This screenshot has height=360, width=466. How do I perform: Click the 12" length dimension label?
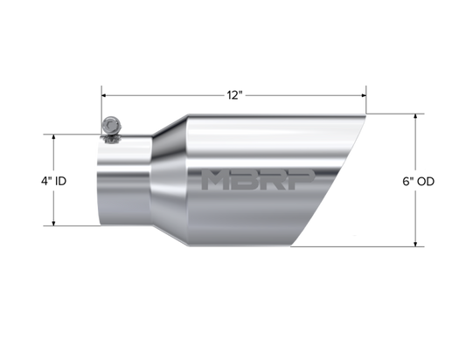click(x=235, y=95)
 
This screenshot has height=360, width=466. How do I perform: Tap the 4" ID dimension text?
click(x=54, y=181)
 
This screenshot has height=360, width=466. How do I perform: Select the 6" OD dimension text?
click(x=419, y=181)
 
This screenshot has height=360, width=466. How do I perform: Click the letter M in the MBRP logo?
click(x=215, y=180)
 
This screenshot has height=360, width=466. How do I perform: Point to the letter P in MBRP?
click(x=303, y=180)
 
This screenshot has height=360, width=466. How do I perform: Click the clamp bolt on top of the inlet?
click(x=111, y=129)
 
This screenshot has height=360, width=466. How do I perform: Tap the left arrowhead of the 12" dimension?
click(x=104, y=95)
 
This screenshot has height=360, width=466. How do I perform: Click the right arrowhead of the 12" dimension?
click(x=363, y=95)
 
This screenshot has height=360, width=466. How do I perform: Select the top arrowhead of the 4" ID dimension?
click(x=54, y=137)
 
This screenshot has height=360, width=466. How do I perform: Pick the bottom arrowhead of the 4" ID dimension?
click(x=54, y=223)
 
